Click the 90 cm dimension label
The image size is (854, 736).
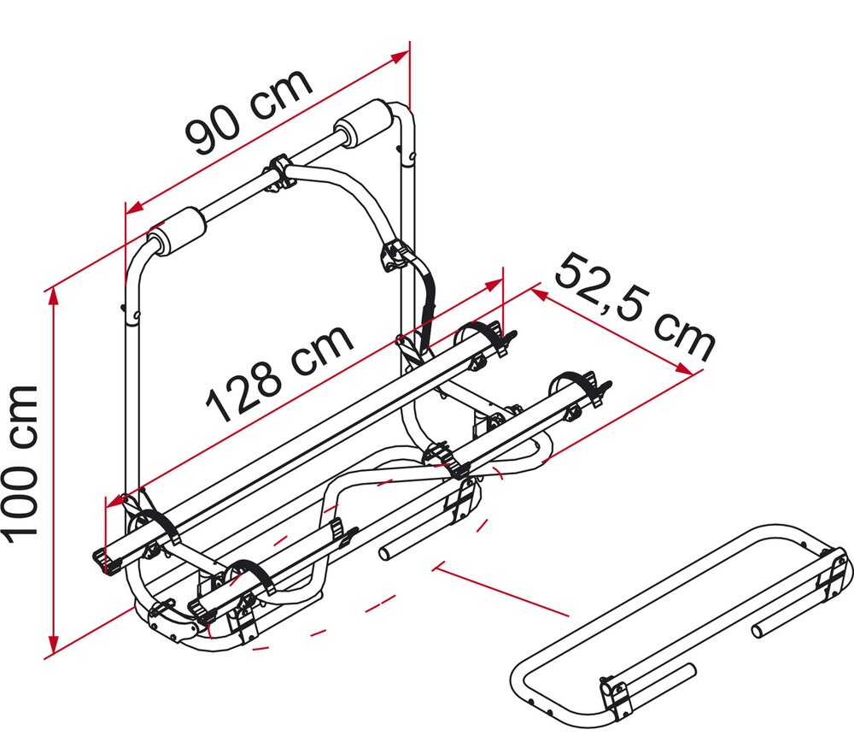click(249, 112)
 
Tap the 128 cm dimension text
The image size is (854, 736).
click(279, 374)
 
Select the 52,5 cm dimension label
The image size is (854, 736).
click(635, 308)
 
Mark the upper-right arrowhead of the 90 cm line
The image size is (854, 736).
click(401, 55)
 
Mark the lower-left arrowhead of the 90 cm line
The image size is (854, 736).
click(134, 207)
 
